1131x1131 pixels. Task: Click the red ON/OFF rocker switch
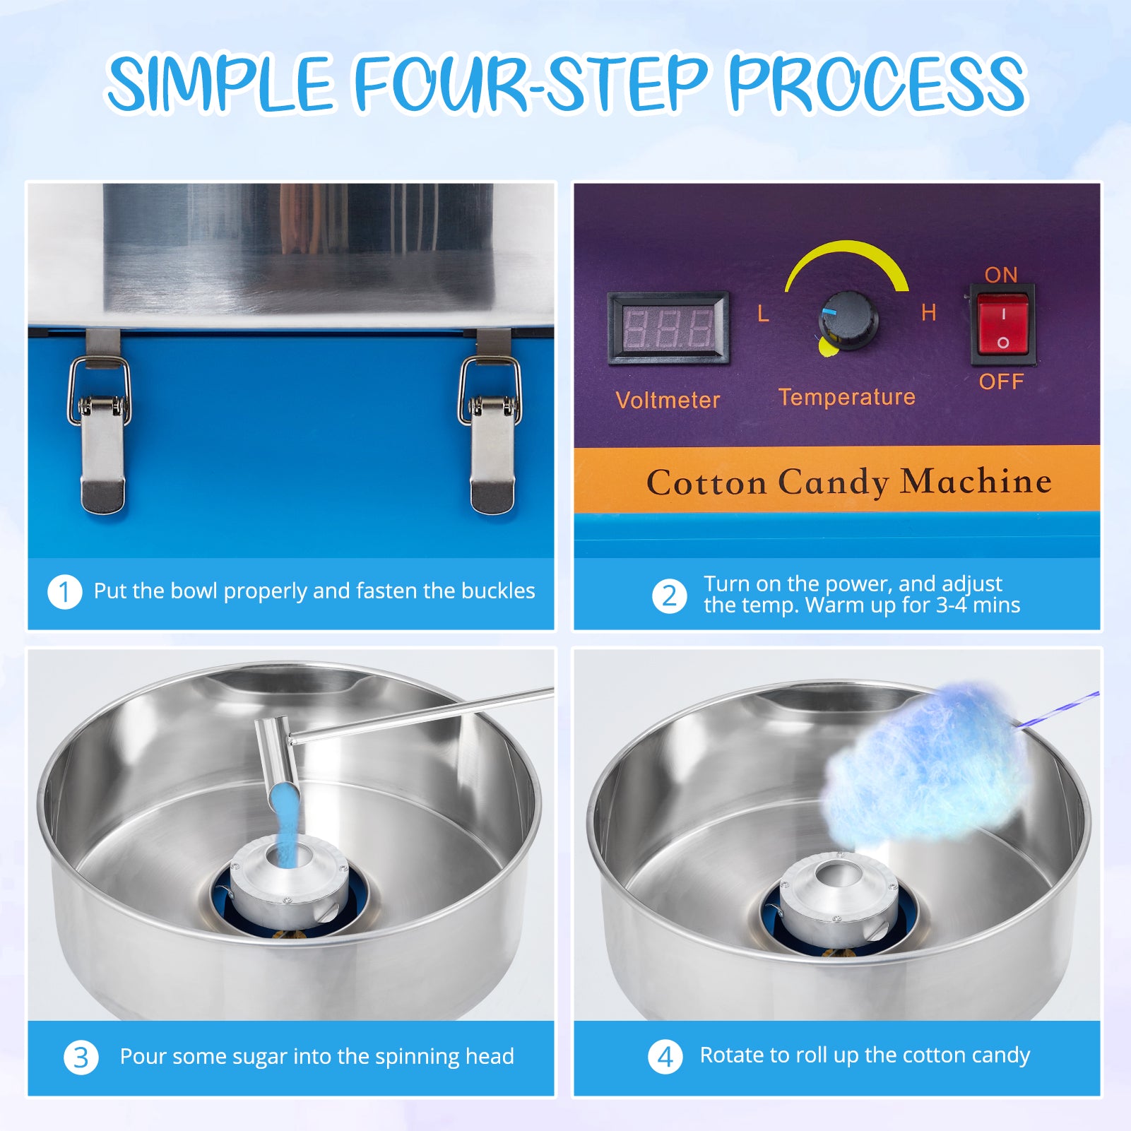coord(1002,325)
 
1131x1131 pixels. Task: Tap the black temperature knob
coord(848,321)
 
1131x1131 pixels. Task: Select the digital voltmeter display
coord(668,328)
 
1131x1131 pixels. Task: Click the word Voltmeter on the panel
coord(668,400)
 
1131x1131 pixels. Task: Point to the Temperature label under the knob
coord(847,397)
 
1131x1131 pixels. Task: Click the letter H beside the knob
coord(928,312)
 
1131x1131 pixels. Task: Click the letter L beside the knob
coord(763,314)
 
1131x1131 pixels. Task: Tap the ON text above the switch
coord(1001,275)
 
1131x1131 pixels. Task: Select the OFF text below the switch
coord(1001,381)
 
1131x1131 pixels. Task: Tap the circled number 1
coord(65,592)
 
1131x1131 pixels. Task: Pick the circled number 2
coord(669,596)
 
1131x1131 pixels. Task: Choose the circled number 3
coord(81,1058)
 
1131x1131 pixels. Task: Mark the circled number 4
coord(665,1057)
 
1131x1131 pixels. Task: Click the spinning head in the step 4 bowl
coord(837,897)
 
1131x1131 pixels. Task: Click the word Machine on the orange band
coord(976,481)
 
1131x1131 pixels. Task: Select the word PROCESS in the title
coord(877,83)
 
